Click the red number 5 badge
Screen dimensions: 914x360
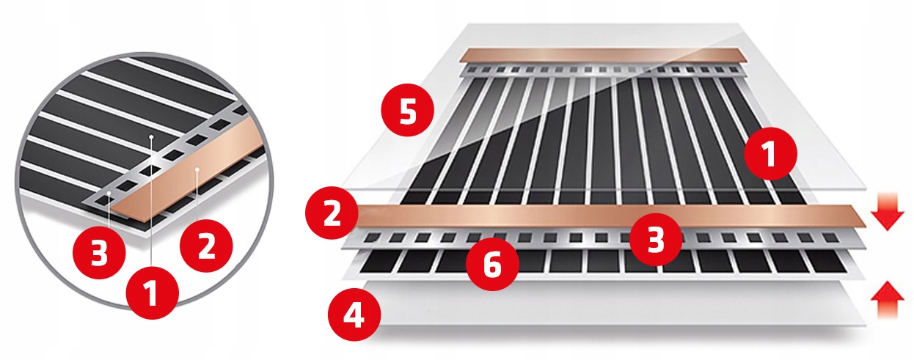407,110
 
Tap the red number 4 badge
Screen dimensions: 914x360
354,315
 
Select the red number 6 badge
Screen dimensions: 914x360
492,265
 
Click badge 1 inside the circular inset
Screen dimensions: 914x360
152,293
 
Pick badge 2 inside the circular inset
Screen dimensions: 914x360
206,246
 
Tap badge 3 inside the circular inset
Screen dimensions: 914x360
99,253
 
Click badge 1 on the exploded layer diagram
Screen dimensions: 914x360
770,154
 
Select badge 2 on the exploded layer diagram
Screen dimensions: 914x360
332,213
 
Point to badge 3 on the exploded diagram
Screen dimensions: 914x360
656,239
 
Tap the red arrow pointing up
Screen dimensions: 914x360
888,299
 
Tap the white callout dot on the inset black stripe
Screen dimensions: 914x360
151,136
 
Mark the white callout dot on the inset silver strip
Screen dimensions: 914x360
109,192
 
